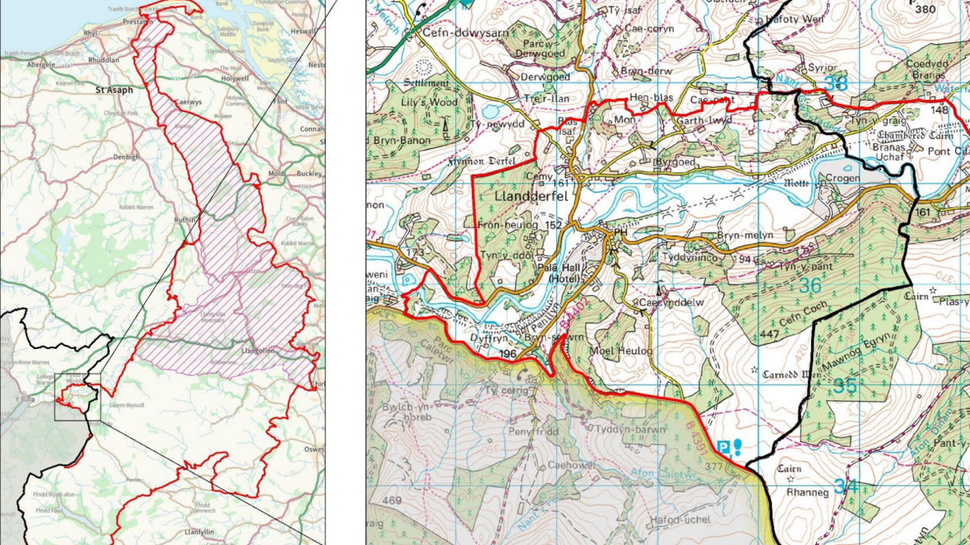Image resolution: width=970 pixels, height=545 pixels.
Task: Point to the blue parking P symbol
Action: click(723, 448)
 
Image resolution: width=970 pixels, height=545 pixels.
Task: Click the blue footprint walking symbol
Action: click(737, 447)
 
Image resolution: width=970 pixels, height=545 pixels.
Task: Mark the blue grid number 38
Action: click(835, 84)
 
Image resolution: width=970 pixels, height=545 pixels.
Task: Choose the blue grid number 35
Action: click(845, 386)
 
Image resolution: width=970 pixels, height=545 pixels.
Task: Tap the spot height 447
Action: click(770, 335)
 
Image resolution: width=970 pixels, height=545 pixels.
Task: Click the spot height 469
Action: click(392, 500)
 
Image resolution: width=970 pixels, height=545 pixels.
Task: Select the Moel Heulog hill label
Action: click(625, 352)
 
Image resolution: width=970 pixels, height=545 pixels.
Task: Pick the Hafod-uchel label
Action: click(680, 520)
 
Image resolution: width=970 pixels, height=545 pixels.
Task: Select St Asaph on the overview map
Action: click(114, 90)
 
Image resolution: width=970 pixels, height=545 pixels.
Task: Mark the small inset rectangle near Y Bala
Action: click(77, 397)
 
